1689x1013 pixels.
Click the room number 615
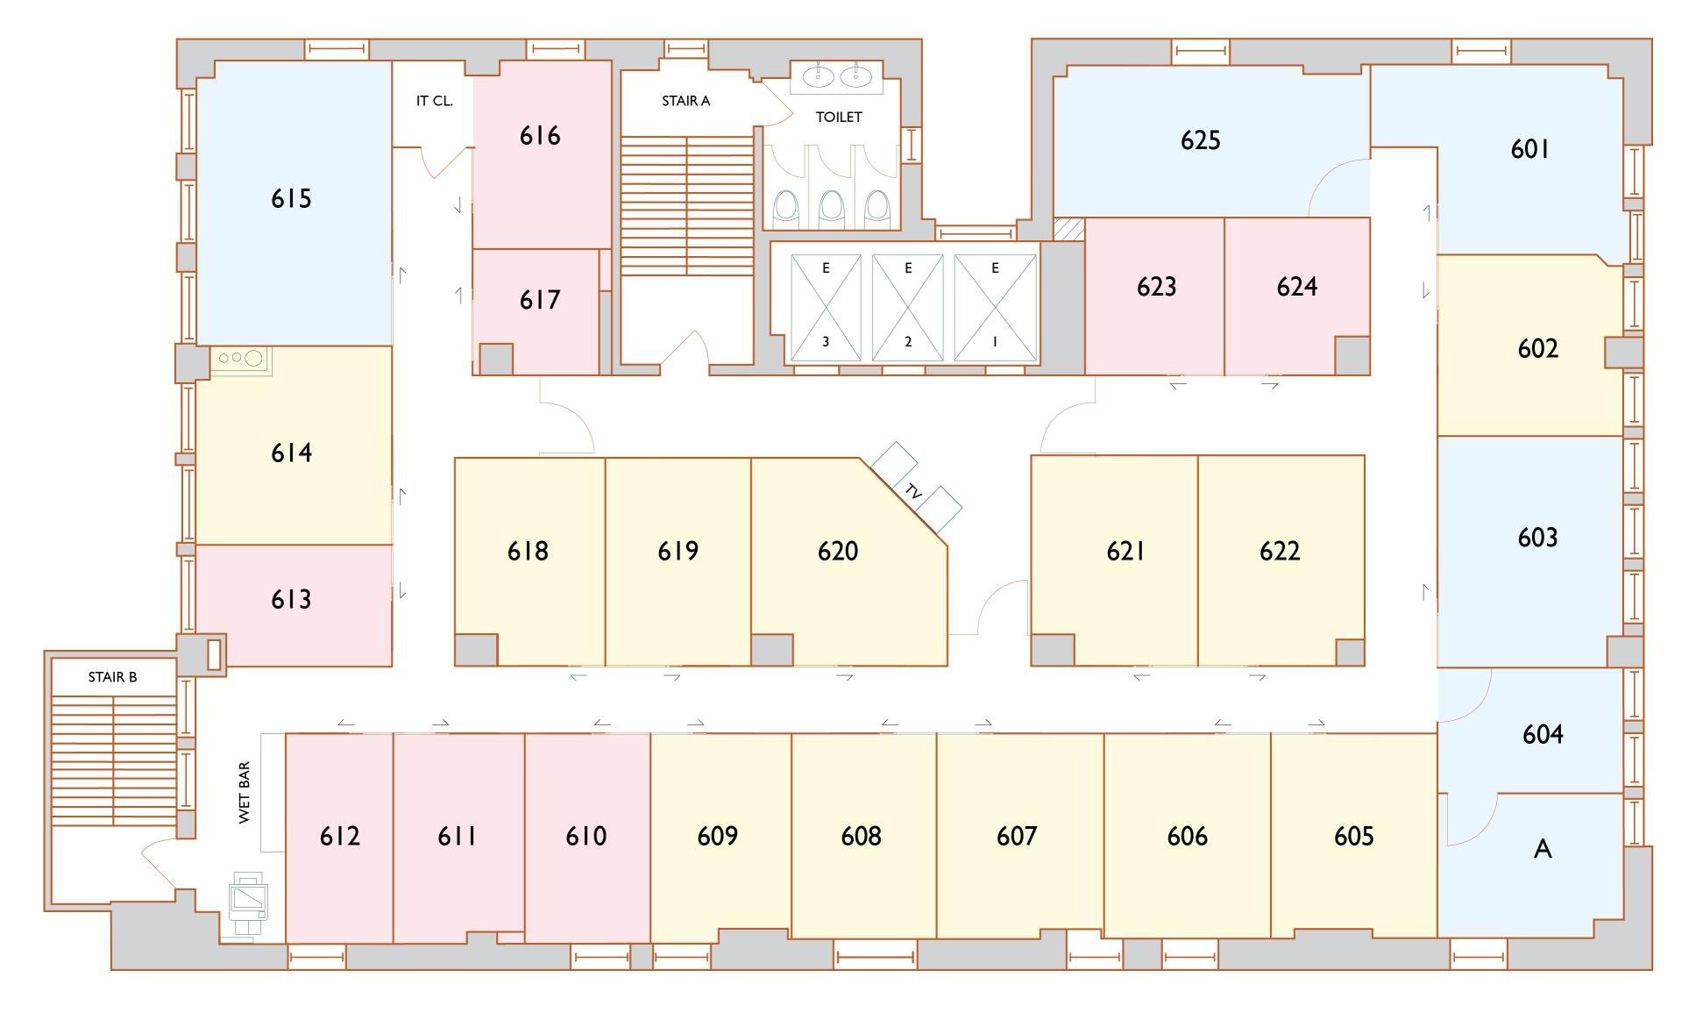click(x=291, y=199)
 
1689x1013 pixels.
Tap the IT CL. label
click(x=434, y=101)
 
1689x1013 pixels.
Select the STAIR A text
click(x=685, y=101)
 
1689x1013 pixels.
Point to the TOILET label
click(x=839, y=117)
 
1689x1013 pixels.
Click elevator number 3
click(x=826, y=342)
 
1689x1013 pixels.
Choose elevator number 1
click(x=995, y=342)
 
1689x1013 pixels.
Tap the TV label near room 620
click(x=913, y=493)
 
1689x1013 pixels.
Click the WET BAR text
click(x=245, y=793)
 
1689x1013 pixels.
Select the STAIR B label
click(x=112, y=677)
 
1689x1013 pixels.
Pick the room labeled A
click(x=1543, y=849)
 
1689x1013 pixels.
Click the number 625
click(x=1200, y=140)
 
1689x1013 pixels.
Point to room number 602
click(x=1537, y=349)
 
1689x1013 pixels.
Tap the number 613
click(x=291, y=600)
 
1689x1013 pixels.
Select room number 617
click(x=540, y=300)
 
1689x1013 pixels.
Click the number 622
click(x=1280, y=552)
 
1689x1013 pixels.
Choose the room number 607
click(x=1017, y=837)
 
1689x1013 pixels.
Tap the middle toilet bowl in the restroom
click(x=831, y=209)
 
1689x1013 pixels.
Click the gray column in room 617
click(x=496, y=360)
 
